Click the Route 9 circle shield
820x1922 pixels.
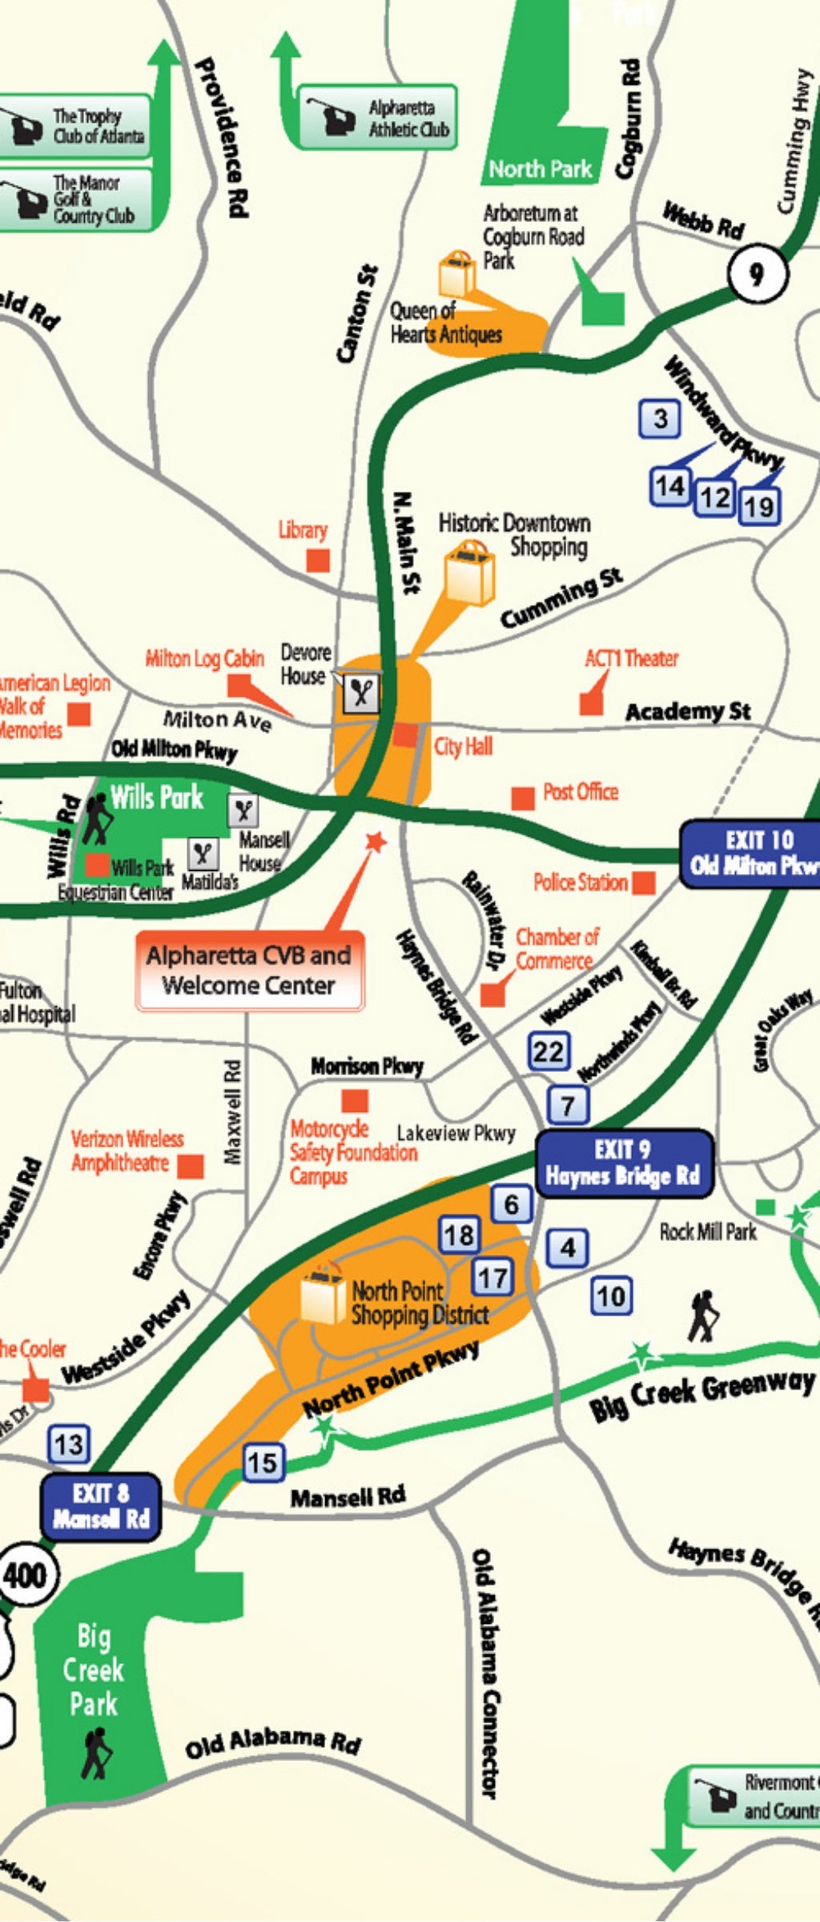click(756, 274)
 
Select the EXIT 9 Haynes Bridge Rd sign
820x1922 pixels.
click(623, 1163)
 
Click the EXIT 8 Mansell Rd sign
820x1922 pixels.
click(101, 1506)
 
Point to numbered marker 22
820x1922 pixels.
click(549, 1051)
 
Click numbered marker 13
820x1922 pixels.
click(69, 1445)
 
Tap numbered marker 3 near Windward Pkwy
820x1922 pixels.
click(660, 418)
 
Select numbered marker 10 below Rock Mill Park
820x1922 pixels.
click(612, 1295)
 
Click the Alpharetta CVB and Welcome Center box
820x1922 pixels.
click(249, 970)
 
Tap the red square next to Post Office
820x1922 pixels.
click(523, 798)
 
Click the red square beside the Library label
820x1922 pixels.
click(319, 560)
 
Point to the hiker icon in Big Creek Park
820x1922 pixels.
click(96, 1752)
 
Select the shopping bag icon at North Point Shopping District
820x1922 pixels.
click(323, 1296)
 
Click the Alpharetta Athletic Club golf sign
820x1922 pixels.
click(377, 118)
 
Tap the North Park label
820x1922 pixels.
click(540, 169)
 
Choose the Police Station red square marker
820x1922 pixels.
click(644, 883)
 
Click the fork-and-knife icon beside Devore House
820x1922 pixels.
click(361, 692)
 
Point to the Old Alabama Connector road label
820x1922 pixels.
click(486, 1674)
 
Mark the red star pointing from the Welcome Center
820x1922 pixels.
click(375, 841)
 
